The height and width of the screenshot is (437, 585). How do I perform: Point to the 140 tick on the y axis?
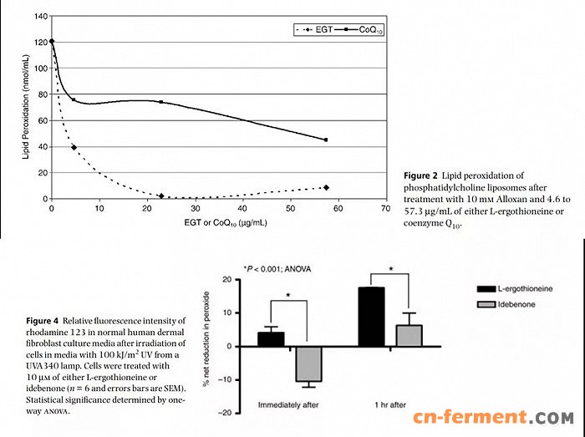click(40, 16)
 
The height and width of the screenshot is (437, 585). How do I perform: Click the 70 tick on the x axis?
click(385, 209)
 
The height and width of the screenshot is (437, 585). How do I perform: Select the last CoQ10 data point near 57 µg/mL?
click(326, 140)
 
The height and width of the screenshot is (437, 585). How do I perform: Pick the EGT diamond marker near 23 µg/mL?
click(160, 196)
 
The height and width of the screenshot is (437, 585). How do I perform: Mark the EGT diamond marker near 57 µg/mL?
click(326, 187)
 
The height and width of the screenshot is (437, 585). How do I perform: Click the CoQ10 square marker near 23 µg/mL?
click(160, 102)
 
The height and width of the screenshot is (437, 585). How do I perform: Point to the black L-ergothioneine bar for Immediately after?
click(271, 339)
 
